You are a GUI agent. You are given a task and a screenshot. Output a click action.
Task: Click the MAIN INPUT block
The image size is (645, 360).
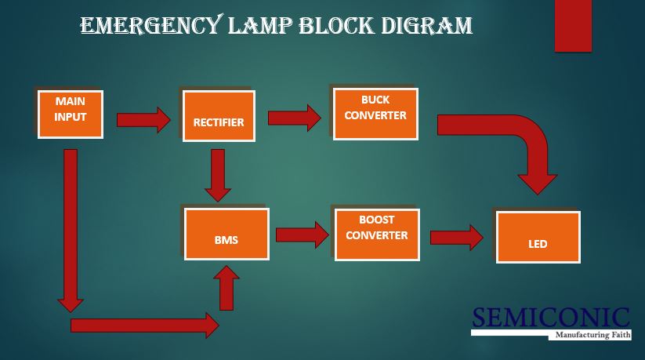(x=71, y=113)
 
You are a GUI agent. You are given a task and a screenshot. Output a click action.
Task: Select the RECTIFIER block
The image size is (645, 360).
(x=219, y=116)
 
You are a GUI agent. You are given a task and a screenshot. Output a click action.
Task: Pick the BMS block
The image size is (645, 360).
(x=226, y=234)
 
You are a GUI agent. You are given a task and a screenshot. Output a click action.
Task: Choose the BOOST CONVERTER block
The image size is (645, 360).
(x=377, y=234)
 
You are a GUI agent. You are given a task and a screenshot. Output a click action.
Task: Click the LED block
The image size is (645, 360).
(x=537, y=237)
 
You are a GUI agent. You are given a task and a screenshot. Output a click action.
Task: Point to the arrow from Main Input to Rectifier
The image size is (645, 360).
(x=143, y=120)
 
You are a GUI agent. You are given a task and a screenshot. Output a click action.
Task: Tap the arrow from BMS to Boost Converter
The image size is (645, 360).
(x=302, y=234)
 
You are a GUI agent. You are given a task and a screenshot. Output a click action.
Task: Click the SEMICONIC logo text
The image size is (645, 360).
(x=550, y=317)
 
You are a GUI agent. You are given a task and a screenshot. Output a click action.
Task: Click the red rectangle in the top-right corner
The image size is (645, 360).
(x=573, y=26)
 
